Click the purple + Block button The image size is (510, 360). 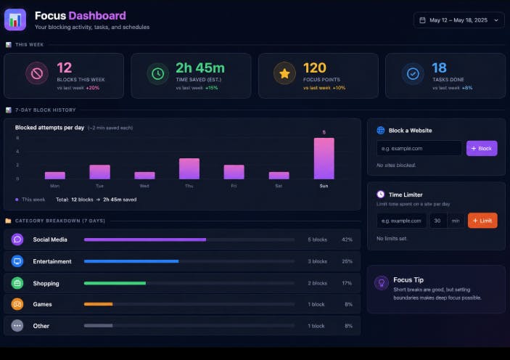pyautogui.click(x=482, y=148)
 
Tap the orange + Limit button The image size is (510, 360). pyautogui.click(x=482, y=221)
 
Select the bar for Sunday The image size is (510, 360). pyautogui.click(x=324, y=158)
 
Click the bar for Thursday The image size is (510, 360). pyautogui.click(x=189, y=168)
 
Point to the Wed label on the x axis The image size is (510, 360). pyautogui.click(x=144, y=186)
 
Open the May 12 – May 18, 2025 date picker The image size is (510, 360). pyautogui.click(x=458, y=20)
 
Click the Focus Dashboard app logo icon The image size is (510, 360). pyautogui.click(x=15, y=20)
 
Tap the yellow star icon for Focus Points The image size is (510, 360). pyautogui.click(x=284, y=73)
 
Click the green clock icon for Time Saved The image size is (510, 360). pyautogui.click(x=157, y=74)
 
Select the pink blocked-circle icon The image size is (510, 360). pyautogui.click(x=37, y=73)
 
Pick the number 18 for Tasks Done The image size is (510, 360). pyautogui.click(x=439, y=68)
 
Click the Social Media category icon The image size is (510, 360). pyautogui.click(x=17, y=240)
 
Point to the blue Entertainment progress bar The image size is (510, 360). pyautogui.click(x=131, y=261)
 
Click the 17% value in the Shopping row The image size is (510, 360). pyautogui.click(x=347, y=283)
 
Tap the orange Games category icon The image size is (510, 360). pyautogui.click(x=17, y=304)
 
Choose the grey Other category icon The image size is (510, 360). pyautogui.click(x=17, y=326)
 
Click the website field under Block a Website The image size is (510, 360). pyautogui.click(x=419, y=148)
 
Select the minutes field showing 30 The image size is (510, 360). pyautogui.click(x=438, y=221)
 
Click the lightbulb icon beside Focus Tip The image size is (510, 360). pyautogui.click(x=382, y=283)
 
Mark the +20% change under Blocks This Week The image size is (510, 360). pyautogui.click(x=93, y=88)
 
